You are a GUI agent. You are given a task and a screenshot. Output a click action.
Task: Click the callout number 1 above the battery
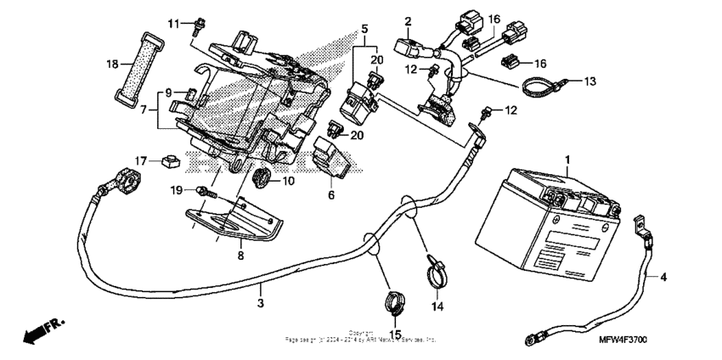568,159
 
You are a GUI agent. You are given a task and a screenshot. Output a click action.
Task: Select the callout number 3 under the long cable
262,301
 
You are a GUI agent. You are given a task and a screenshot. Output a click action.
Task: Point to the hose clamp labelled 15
392,300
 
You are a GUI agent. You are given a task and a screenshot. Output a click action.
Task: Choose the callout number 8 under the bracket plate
240,254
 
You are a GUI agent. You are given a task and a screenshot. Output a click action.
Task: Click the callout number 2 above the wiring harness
408,20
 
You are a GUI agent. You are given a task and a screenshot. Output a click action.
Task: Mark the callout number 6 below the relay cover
331,195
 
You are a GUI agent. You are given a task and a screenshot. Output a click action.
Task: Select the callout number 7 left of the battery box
142,110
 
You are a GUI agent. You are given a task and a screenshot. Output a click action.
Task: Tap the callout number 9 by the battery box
168,92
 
